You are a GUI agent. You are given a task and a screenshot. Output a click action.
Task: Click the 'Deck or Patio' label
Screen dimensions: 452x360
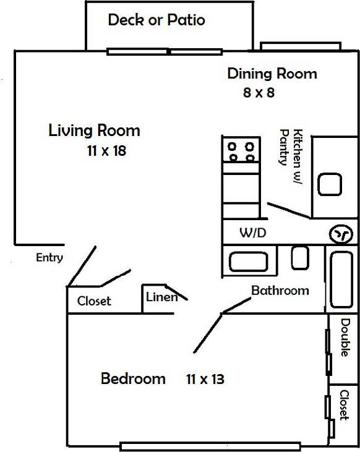(156, 20)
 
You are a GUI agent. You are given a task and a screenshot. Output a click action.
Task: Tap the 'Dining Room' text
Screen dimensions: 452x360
(272, 74)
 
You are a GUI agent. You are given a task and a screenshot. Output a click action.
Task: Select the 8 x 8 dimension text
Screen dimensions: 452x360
(259, 93)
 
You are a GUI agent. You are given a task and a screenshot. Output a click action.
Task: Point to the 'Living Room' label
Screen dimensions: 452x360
(94, 131)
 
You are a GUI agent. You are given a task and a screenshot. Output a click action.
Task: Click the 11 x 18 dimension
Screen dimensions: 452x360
(106, 150)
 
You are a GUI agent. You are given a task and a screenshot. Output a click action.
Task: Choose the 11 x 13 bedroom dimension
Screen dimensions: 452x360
(205, 379)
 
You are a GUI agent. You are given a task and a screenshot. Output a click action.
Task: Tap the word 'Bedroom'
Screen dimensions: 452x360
(133, 378)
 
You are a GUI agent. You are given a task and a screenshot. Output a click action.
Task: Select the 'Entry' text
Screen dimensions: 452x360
(49, 258)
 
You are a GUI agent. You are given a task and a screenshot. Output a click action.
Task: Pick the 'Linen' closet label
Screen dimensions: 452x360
(161, 297)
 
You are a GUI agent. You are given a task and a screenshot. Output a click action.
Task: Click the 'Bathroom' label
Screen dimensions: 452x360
(280, 290)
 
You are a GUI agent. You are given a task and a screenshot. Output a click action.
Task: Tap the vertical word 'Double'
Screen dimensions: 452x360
(345, 337)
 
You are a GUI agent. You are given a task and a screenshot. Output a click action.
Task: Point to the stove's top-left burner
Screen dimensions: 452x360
(233, 147)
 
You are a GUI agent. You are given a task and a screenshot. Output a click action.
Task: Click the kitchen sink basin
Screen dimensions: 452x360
(330, 184)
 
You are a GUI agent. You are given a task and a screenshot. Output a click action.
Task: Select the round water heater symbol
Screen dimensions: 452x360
(340, 234)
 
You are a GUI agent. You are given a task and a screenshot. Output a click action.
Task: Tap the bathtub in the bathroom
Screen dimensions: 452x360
(342, 279)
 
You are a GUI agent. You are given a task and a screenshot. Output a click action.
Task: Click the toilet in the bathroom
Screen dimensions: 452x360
(300, 257)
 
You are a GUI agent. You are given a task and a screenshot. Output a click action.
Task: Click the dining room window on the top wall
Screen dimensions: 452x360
(301, 46)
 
